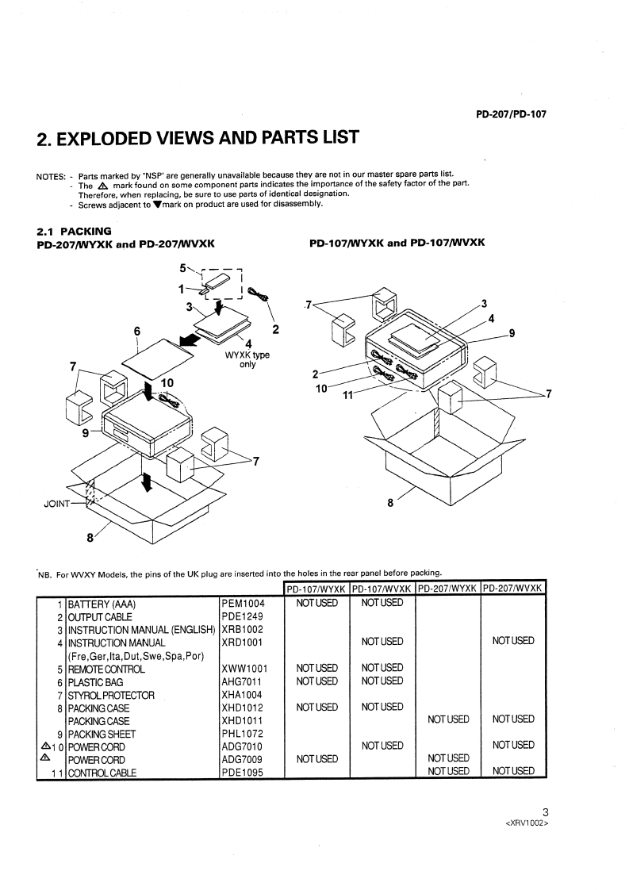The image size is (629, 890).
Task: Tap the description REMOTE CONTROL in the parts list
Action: click(106, 669)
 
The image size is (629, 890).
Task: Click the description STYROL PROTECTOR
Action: click(111, 695)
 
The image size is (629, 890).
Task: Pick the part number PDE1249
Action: click(242, 616)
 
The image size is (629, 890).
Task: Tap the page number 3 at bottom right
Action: click(545, 811)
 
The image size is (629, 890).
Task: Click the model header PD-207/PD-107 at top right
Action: click(512, 113)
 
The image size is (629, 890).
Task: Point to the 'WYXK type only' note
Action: click(247, 359)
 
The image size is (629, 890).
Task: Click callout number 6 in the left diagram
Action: click(137, 330)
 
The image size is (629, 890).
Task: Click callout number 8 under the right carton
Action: click(389, 501)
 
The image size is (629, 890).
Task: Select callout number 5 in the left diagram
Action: click(182, 268)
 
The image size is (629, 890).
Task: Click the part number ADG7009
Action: click(242, 759)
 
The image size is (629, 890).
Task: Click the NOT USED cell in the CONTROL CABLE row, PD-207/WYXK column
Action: click(448, 772)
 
